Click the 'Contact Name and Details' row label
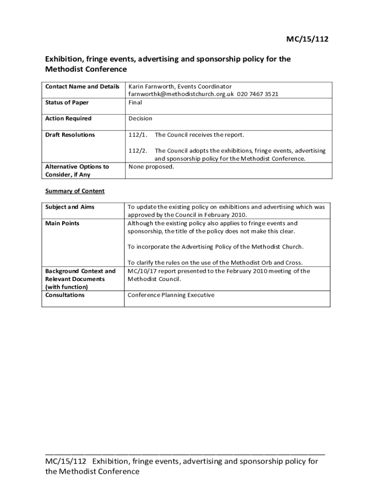[82, 86]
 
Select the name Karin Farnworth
[151, 86]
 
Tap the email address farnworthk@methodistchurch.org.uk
[181, 94]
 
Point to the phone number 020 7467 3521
[257, 94]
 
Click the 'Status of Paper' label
[67, 102]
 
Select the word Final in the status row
[136, 102]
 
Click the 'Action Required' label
[68, 118]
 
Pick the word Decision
[140, 118]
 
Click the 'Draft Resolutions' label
[70, 135]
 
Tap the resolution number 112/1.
[138, 135]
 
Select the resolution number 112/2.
[138, 151]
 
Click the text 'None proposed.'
[151, 166]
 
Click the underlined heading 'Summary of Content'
[75, 191]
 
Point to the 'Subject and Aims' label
[70, 207]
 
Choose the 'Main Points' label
[62, 223]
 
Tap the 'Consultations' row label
[65, 295]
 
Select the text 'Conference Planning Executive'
[171, 295]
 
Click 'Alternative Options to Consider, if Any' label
[77, 170]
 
